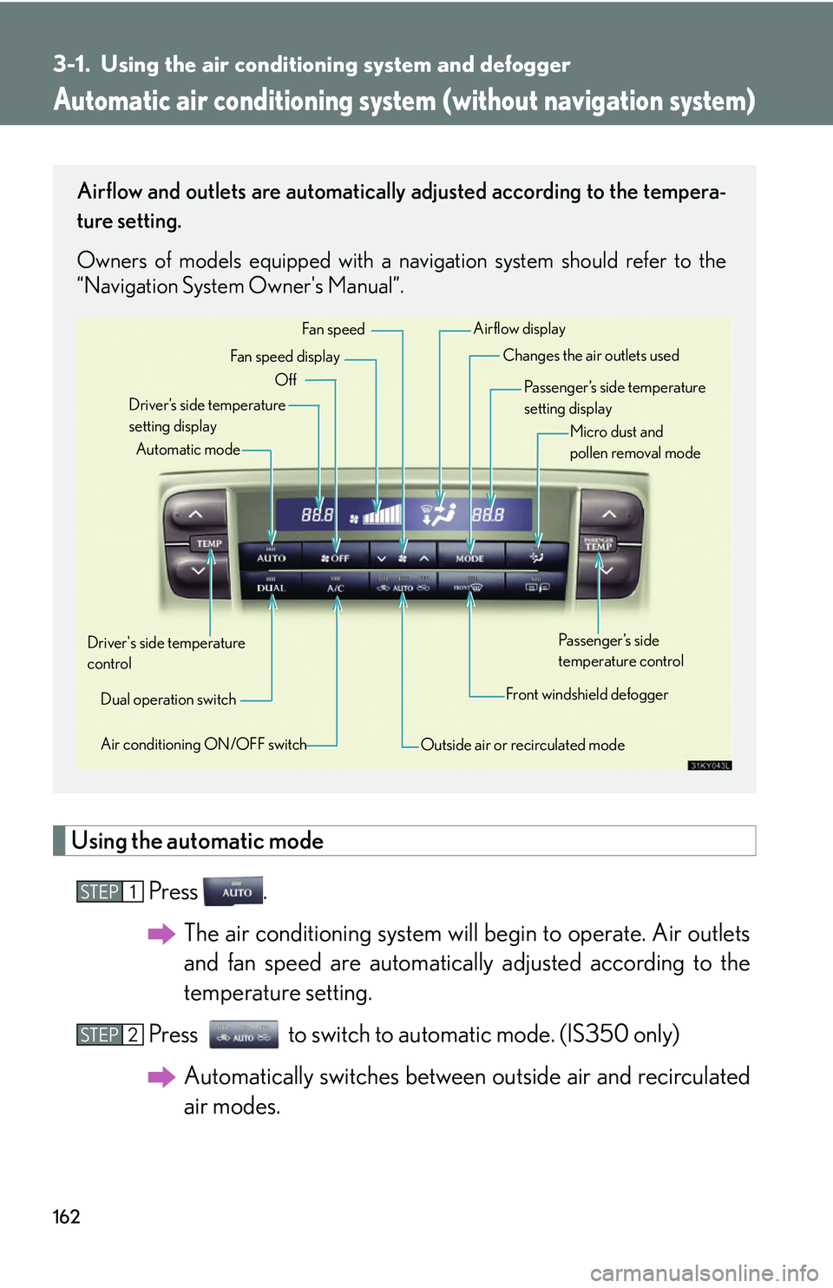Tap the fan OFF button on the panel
click(335, 557)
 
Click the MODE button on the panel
click(469, 557)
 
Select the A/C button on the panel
click(335, 588)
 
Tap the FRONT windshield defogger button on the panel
click(469, 588)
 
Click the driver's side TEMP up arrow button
click(195, 515)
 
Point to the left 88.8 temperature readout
click(317, 515)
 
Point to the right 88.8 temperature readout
click(488, 515)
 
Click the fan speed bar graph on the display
click(382, 515)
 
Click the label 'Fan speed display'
click(285, 357)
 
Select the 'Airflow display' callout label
click(519, 329)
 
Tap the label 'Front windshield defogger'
click(587, 694)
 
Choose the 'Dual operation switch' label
click(168, 700)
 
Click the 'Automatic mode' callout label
click(188, 450)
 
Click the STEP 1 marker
click(109, 891)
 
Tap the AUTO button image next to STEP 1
click(233, 891)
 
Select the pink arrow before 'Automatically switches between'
click(161, 1077)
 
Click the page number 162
click(67, 1217)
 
